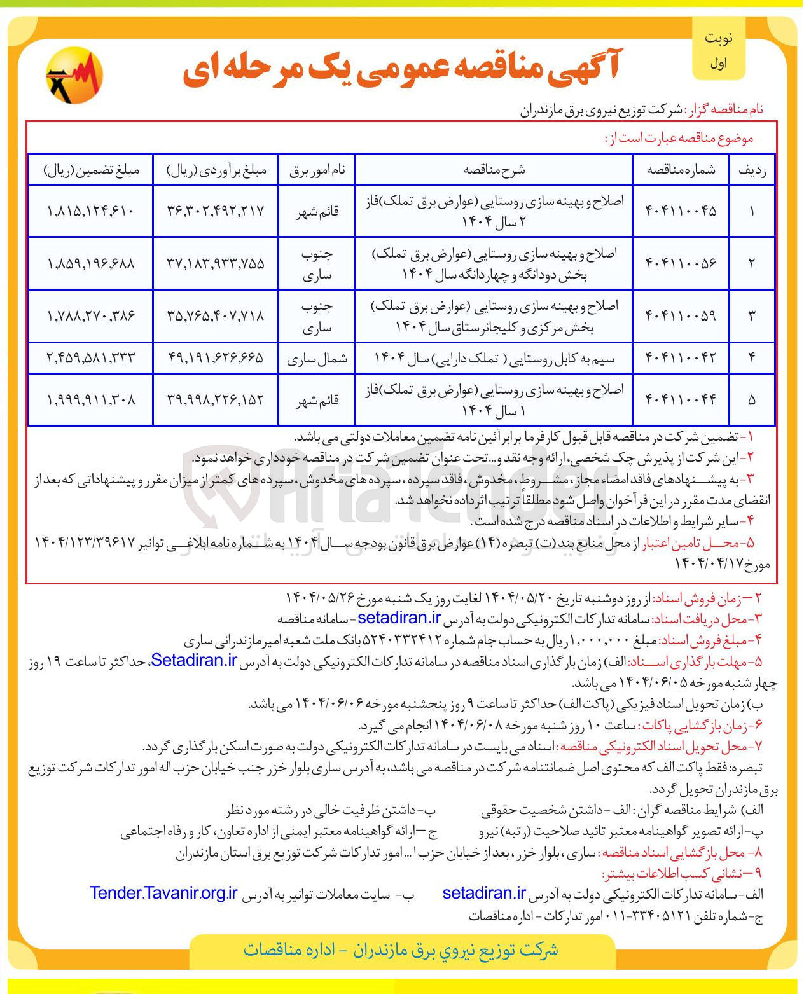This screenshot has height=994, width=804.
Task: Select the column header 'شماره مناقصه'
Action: coord(681,170)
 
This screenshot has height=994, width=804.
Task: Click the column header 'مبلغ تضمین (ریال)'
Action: coord(90,170)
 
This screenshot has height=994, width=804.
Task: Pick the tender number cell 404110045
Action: coord(681,211)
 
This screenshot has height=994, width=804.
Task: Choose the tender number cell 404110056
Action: coord(681,263)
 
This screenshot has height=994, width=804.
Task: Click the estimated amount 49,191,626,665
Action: coord(216,358)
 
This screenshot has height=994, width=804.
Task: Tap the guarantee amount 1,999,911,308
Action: coord(90,400)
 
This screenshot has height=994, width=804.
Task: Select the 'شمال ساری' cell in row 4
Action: coord(317,359)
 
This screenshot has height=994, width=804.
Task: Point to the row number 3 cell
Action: coord(751,315)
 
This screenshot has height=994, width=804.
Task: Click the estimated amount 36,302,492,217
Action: coord(216,211)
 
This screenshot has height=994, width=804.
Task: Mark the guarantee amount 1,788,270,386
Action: coord(90,315)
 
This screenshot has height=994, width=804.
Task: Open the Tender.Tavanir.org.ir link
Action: coord(163,893)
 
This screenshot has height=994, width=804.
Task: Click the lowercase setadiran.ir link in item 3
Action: coord(399,618)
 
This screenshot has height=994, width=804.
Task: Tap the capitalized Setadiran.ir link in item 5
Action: coord(194,660)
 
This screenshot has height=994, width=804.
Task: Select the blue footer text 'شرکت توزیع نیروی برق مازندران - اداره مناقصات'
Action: coord(401,950)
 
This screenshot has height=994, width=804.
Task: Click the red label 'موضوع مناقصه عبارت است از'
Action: coord(678,138)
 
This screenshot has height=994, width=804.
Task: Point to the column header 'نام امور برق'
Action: coord(317,170)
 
